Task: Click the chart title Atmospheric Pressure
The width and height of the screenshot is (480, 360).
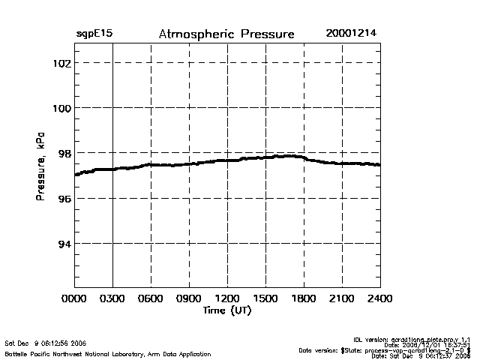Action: coord(226,34)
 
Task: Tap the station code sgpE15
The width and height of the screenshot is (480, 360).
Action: coord(94,34)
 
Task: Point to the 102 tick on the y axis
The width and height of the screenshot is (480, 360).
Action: coord(61,63)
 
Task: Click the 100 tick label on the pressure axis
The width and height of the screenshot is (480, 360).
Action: coord(61,108)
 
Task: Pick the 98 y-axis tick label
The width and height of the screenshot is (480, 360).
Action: coord(64,153)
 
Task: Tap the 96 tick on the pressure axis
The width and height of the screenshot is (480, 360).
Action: coord(64,198)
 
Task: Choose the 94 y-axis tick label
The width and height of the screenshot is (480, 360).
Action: coord(64,243)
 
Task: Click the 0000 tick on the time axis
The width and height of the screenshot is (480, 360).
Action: coord(75,299)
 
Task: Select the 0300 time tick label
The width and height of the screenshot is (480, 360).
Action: coord(113,299)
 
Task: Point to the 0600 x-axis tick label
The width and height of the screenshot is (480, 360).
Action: coord(151,299)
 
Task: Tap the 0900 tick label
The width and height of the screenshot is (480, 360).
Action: coord(190,299)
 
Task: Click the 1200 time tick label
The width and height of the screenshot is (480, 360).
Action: coord(228,299)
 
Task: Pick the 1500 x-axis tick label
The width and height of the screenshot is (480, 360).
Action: coord(266,299)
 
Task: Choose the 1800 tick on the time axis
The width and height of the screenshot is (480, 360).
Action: coord(304,299)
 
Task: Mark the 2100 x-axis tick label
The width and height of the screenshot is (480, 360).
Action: coord(343,299)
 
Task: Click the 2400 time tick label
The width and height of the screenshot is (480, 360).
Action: coord(380,299)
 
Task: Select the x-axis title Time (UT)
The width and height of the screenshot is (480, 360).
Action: coord(226,310)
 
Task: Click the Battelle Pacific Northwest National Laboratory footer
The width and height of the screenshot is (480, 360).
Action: coord(108,353)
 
